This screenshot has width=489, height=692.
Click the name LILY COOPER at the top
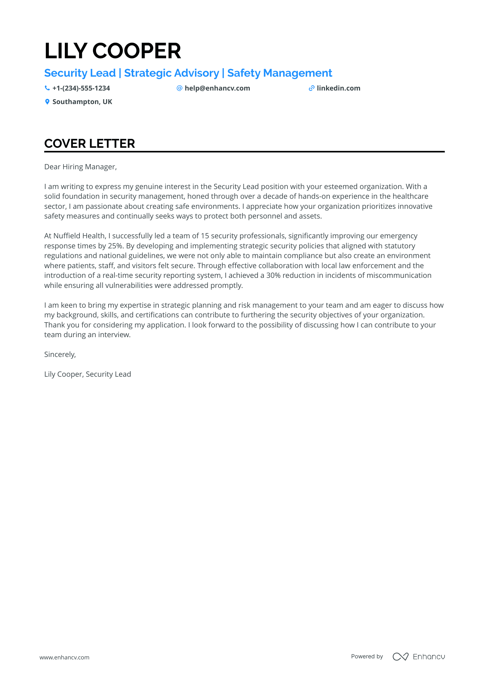pos(112,51)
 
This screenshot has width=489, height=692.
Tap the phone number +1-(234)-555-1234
pos(81,88)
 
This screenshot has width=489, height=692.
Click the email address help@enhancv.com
pos(217,88)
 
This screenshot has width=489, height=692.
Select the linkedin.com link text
pos(338,88)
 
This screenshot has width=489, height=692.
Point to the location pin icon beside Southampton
pos(47,102)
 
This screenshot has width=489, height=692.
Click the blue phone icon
pos(47,88)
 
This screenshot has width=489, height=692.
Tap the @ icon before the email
pos(179,88)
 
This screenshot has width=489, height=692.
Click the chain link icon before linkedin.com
pos(311,88)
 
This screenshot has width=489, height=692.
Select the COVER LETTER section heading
pos(89,144)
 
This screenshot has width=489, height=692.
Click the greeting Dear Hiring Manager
pos(80,167)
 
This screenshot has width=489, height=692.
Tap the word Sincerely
pos(60,354)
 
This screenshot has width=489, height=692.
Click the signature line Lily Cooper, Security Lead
pos(87,374)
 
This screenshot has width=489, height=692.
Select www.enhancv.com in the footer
pos(64,657)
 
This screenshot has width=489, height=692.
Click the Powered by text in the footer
pos(367,656)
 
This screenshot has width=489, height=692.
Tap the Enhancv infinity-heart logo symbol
pos(400,657)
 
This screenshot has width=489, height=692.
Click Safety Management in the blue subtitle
pos(280,73)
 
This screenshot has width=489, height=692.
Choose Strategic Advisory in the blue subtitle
pos(171,73)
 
